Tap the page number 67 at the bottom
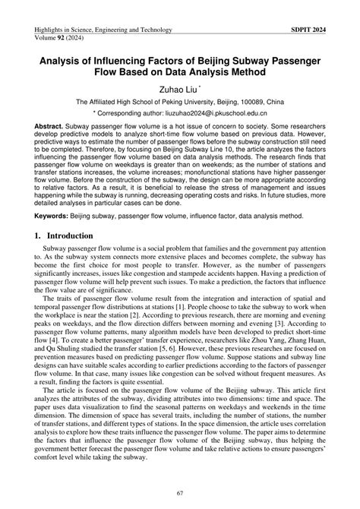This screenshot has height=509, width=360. pos(179,494)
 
